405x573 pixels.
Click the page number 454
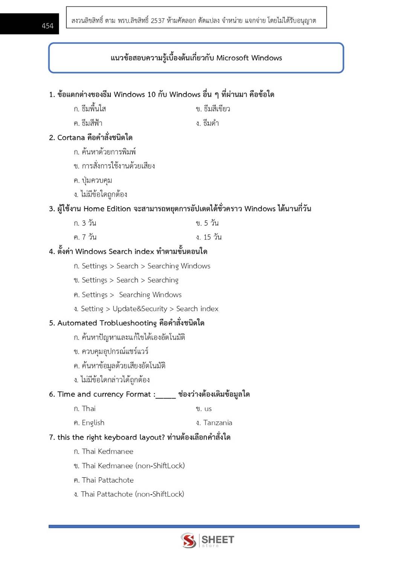tap(47, 26)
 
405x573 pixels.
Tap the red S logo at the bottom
tap(188, 540)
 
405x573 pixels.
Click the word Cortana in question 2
tap(71, 138)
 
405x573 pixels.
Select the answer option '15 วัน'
tap(212, 237)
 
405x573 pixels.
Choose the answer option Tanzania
tap(217, 423)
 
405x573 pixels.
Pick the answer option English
tap(93, 423)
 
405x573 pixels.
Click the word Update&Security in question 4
tap(140, 309)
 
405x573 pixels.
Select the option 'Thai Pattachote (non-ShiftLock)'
tap(132, 494)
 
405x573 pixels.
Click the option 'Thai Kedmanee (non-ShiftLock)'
tap(133, 466)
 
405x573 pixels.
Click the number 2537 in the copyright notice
tap(157, 21)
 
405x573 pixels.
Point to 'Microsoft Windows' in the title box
tap(249, 58)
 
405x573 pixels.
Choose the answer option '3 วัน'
tap(89, 223)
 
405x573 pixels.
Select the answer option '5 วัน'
tap(211, 223)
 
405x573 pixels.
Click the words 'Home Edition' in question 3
tap(107, 209)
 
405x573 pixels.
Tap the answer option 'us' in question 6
tap(208, 409)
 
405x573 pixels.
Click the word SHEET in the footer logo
tap(218, 539)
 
